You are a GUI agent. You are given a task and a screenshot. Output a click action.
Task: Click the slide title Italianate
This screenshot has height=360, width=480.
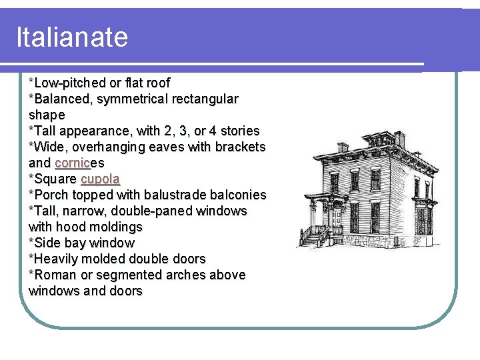click(72, 37)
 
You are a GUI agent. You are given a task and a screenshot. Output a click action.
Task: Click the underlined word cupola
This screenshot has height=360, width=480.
click(100, 179)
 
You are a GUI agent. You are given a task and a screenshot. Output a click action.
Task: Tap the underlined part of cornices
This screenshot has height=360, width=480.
click(73, 163)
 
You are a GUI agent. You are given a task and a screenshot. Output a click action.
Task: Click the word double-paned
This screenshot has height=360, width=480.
click(160, 211)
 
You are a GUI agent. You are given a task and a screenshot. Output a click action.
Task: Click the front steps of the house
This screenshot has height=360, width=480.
click(310, 237)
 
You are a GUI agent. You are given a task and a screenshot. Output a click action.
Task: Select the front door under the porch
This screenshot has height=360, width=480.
click(328, 215)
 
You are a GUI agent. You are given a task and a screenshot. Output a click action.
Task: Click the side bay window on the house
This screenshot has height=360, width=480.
click(421, 219)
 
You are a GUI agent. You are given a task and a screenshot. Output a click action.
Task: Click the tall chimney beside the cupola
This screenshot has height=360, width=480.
click(400, 139)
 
